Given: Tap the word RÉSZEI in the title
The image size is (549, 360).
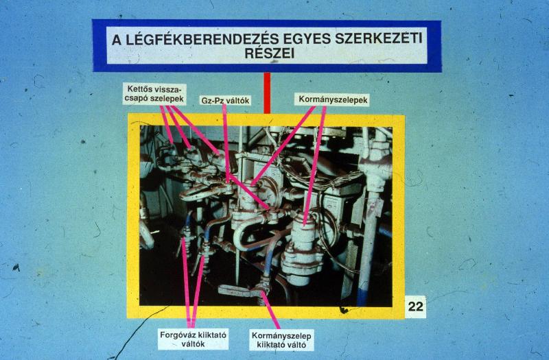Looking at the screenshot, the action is pyautogui.click(x=269, y=53).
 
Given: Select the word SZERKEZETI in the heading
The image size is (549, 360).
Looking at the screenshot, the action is pyautogui.click(x=379, y=38).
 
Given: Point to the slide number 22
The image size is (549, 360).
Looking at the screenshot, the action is pyautogui.click(x=416, y=307).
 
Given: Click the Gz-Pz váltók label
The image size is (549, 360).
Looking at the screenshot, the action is pyautogui.click(x=225, y=100).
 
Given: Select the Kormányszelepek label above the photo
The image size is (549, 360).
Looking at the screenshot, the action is pyautogui.click(x=333, y=99).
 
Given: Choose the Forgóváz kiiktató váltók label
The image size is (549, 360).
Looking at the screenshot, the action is pyautogui.click(x=194, y=339).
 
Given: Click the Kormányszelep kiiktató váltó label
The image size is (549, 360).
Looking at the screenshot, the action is pyautogui.click(x=281, y=340).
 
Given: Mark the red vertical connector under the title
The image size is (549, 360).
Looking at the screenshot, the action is pyautogui.click(x=267, y=93).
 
